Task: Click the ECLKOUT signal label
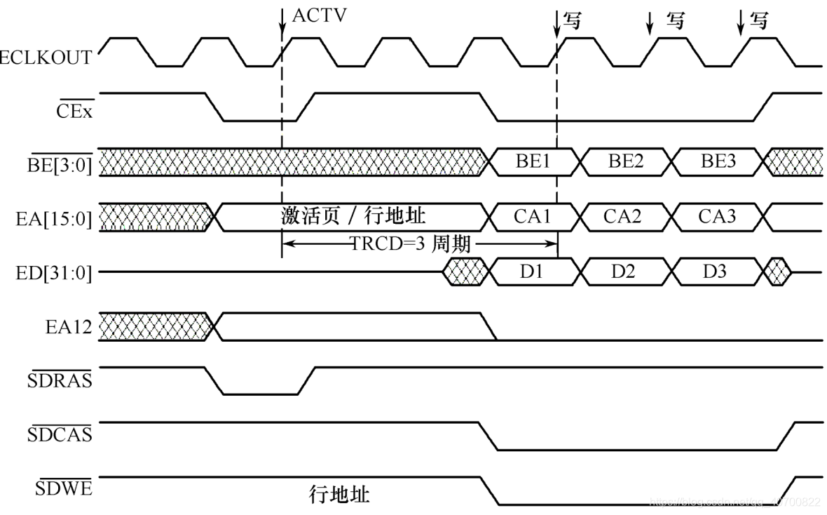coord(46,58)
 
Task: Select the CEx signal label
coord(74,112)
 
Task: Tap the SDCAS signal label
coord(60,435)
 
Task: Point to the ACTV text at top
coord(319,15)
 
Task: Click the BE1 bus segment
coord(533,162)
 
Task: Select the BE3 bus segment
coord(718,162)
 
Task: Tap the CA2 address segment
coord(622,217)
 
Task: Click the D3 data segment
coord(716,271)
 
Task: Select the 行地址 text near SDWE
coord(339,495)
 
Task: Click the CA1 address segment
coord(532,217)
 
